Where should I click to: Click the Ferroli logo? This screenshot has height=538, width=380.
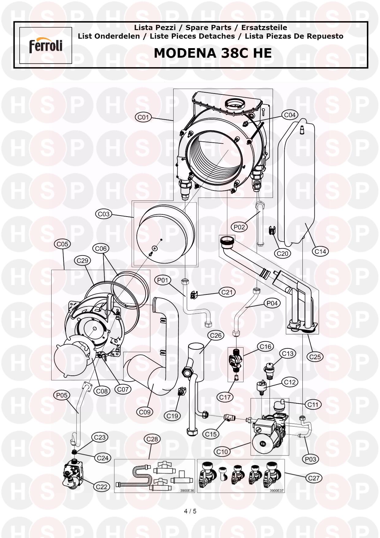pyautogui.click(x=46, y=46)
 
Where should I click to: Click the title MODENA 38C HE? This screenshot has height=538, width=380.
pyautogui.click(x=213, y=53)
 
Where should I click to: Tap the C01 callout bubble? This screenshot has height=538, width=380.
pyautogui.click(x=143, y=117)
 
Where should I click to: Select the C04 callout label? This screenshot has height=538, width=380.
pyautogui.click(x=290, y=115)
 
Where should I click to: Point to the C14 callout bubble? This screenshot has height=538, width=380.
pyautogui.click(x=320, y=252)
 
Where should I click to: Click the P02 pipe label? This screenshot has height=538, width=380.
pyautogui.click(x=240, y=227)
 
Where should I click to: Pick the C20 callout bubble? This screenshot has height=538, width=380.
pyautogui.click(x=282, y=254)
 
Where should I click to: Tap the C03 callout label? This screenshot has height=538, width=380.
pyautogui.click(x=104, y=214)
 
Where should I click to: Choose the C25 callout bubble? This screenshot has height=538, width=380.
pyautogui.click(x=315, y=357)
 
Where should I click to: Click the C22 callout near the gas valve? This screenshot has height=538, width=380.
pyautogui.click(x=102, y=487)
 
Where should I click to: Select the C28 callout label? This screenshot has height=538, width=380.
pyautogui.click(x=152, y=439)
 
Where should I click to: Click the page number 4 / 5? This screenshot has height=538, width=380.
pyautogui.click(x=190, y=511)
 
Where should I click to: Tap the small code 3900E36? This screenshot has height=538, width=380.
pyautogui.click(x=187, y=490)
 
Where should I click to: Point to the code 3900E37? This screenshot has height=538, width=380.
pyautogui.click(x=277, y=490)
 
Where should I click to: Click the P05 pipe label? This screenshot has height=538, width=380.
pyautogui.click(x=62, y=395)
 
